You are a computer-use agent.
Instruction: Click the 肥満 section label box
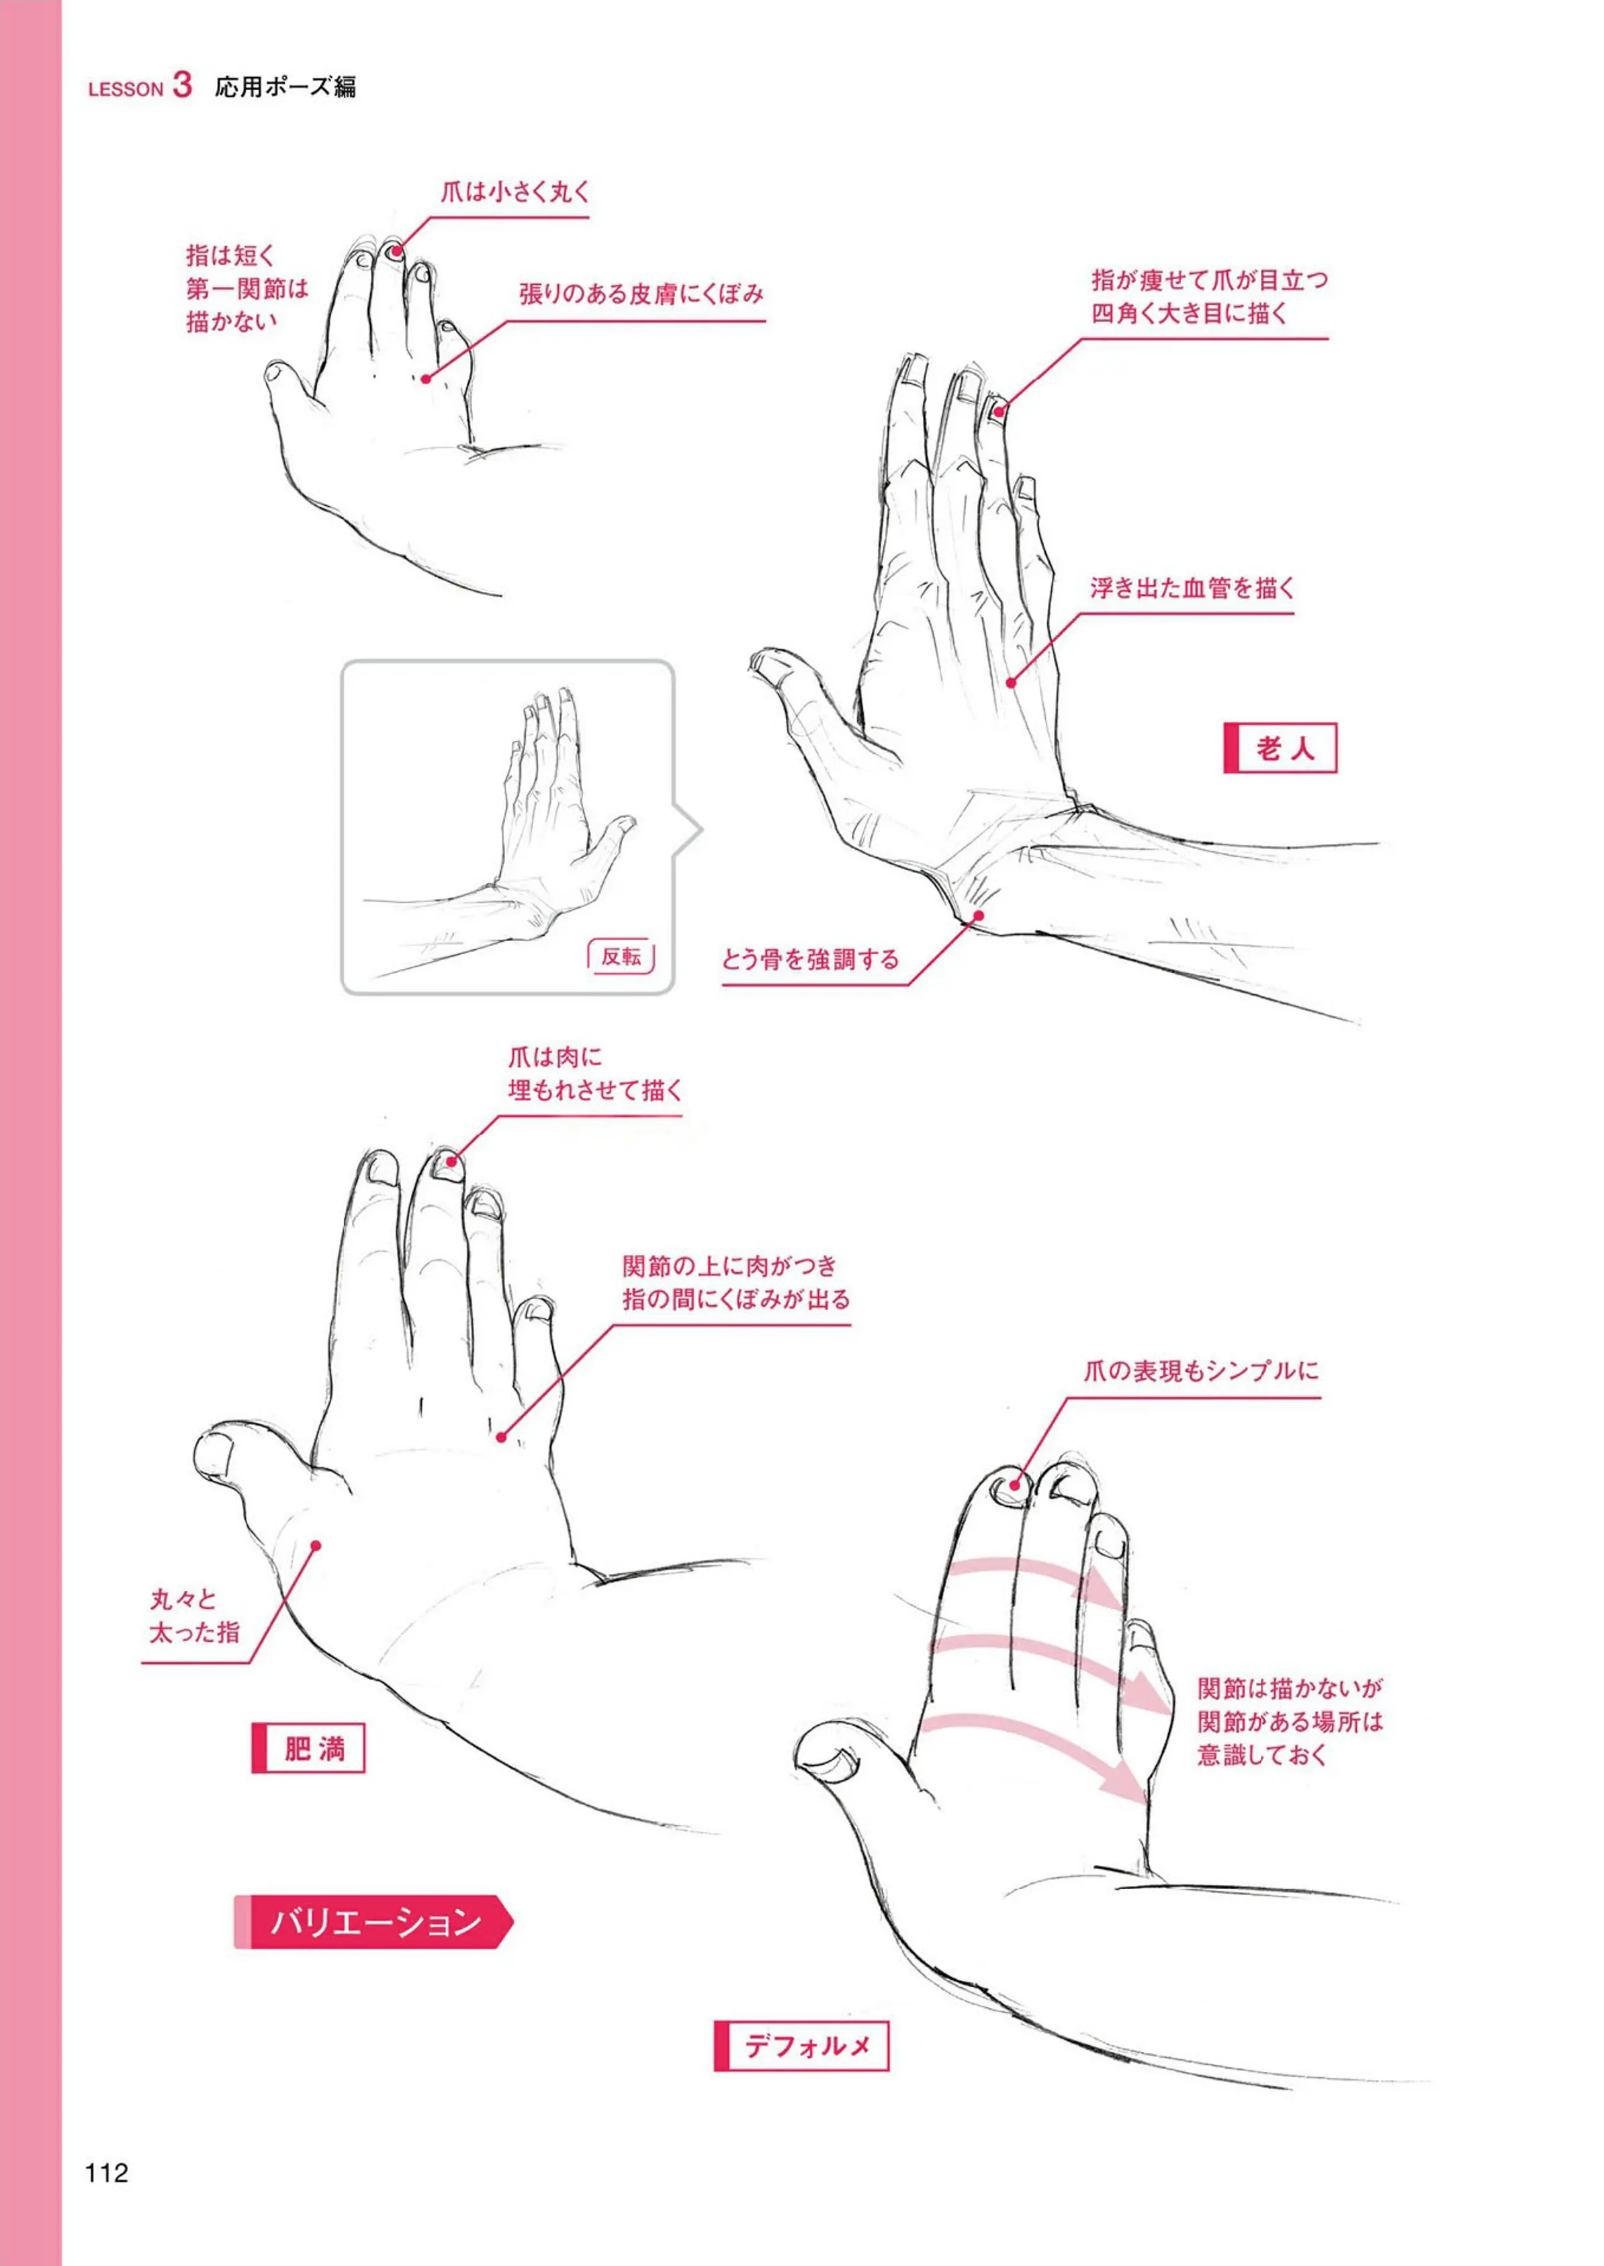click(308, 1749)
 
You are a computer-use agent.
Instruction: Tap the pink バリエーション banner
click(373, 1921)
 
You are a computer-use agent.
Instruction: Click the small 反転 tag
click(621, 956)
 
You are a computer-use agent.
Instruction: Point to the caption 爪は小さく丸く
click(515, 191)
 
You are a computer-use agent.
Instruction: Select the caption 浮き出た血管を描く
click(1192, 589)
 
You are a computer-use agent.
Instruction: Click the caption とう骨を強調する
click(810, 959)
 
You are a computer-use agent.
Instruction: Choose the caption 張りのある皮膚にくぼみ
click(642, 294)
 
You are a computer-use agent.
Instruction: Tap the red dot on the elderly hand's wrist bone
click(979, 916)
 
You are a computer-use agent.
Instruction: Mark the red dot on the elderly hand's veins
click(1012, 683)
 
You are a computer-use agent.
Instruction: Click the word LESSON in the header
click(126, 89)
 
